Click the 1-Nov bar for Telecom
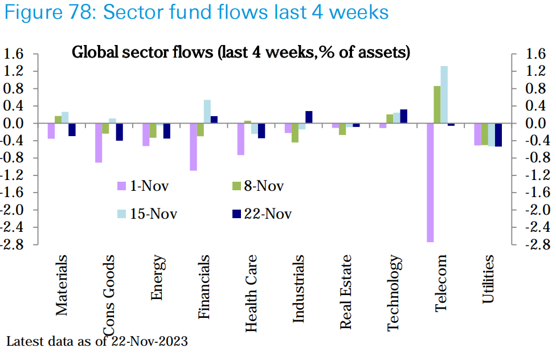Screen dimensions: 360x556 [x=430, y=182]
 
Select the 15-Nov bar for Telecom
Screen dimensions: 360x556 [x=444, y=95]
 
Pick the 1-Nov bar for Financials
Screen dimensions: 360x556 [x=193, y=146]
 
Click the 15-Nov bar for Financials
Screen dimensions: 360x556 [x=207, y=112]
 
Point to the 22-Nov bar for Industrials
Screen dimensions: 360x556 [x=309, y=117]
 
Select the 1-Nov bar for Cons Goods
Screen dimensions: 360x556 [x=99, y=143]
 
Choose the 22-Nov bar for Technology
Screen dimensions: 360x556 [x=403, y=116]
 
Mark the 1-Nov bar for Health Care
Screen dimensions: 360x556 [x=240, y=139]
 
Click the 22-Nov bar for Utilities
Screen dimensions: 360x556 [x=498, y=135]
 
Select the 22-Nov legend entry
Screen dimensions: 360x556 [x=261, y=214]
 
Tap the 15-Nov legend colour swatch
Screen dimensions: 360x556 [x=121, y=214]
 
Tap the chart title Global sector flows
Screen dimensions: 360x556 [x=241, y=53]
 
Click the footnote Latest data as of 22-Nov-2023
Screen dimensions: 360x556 [x=97, y=342]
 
